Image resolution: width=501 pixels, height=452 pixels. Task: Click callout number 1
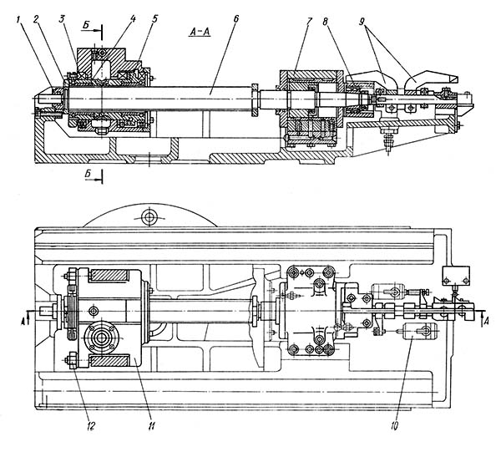point(19,20)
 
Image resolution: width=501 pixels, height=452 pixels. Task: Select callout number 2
point(36,19)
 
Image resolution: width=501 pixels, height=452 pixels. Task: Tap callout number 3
point(61,19)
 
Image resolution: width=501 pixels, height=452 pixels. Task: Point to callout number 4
point(133,18)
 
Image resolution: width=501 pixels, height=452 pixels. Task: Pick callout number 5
point(154,18)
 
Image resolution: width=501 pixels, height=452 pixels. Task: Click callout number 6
point(235,19)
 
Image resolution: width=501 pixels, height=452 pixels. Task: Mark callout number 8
point(325,22)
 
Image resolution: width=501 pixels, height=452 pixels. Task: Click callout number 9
point(362,22)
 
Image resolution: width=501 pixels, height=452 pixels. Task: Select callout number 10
point(394,425)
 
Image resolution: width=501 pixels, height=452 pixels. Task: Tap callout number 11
point(151,425)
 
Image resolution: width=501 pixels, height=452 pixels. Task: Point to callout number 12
point(90,425)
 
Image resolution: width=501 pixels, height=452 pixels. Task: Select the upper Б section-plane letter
point(86,26)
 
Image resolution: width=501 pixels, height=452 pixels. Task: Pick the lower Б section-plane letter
point(89,174)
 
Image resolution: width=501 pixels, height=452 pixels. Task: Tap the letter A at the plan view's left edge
point(23,322)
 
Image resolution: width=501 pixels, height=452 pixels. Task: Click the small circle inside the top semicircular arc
point(149,217)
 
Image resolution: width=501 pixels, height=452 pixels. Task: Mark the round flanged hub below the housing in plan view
point(102,338)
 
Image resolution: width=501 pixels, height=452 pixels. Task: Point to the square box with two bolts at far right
point(456,276)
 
